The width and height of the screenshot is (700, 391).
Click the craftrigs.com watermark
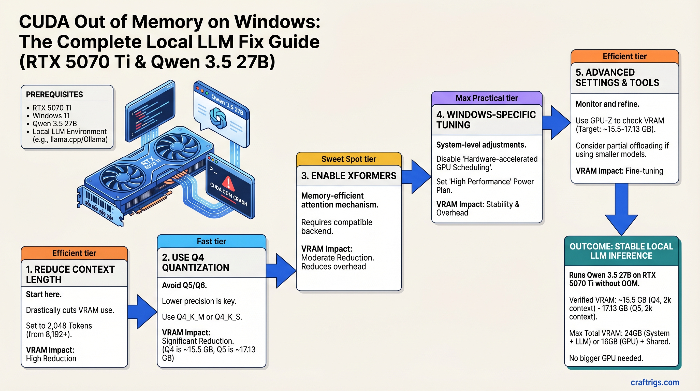[x=655, y=382]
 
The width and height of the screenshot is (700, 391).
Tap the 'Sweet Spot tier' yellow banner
[x=349, y=159]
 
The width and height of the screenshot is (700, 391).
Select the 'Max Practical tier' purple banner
[x=486, y=98]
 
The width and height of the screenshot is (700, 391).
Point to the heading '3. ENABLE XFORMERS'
[x=349, y=176]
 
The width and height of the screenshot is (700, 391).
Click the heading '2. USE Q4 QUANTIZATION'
[x=196, y=263]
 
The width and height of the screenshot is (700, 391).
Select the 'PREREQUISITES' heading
[x=54, y=95]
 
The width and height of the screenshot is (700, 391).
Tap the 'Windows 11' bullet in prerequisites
[x=51, y=116]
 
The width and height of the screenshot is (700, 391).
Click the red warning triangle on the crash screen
[x=228, y=183]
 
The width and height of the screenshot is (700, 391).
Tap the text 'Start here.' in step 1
[x=44, y=295]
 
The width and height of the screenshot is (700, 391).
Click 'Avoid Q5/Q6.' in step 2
[x=184, y=285]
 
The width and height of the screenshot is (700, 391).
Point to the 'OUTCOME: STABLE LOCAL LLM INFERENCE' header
[x=621, y=251]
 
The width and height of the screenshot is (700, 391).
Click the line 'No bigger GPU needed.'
[x=606, y=358]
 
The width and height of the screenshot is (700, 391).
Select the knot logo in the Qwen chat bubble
[x=218, y=118]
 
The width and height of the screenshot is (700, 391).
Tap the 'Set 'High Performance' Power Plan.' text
[x=485, y=186]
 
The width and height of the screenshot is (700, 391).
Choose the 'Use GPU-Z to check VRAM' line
[x=620, y=120]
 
